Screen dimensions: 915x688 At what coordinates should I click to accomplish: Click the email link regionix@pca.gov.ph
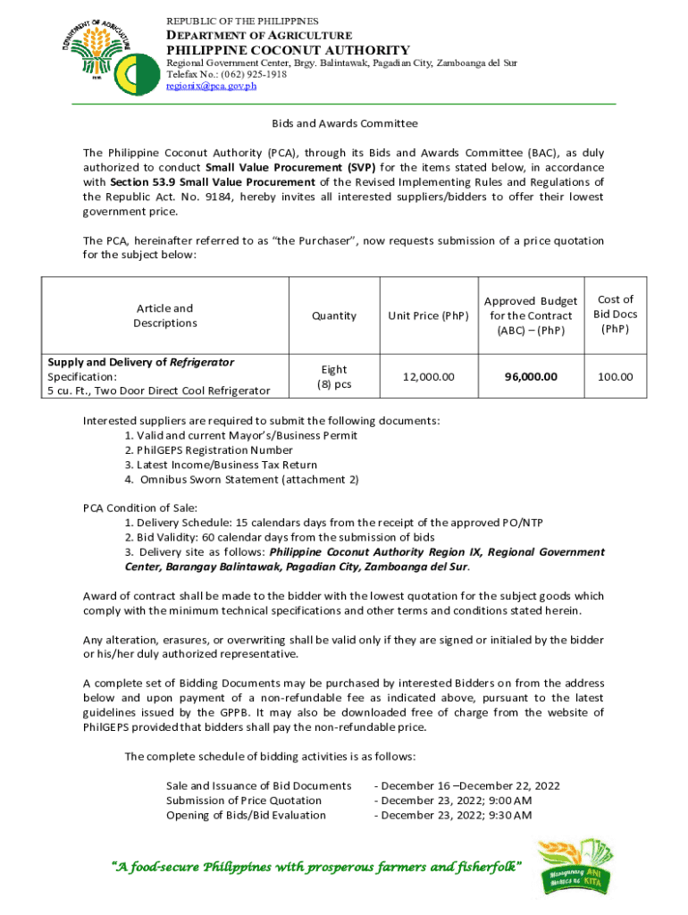pyautogui.click(x=212, y=87)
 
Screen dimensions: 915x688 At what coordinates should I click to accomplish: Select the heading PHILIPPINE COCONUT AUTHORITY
pyautogui.click(x=289, y=50)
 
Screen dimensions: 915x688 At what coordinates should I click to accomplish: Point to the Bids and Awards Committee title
pyautogui.click(x=345, y=123)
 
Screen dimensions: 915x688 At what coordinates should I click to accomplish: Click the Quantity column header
pyautogui.click(x=333, y=315)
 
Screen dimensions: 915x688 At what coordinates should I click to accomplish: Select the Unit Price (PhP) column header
pyautogui.click(x=428, y=315)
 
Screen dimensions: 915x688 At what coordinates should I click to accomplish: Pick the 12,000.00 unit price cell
pyautogui.click(x=428, y=377)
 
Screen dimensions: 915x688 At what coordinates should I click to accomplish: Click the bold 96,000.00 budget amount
pyautogui.click(x=531, y=377)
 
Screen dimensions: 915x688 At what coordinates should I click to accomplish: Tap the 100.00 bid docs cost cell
pyautogui.click(x=616, y=377)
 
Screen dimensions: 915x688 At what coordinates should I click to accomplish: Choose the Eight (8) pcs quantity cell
pyautogui.click(x=333, y=377)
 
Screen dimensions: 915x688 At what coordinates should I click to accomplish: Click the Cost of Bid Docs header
pyautogui.click(x=616, y=314)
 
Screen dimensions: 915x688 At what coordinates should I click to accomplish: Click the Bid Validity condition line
pyautogui.click(x=280, y=538)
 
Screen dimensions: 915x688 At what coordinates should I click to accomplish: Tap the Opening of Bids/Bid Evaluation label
pyautogui.click(x=246, y=815)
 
